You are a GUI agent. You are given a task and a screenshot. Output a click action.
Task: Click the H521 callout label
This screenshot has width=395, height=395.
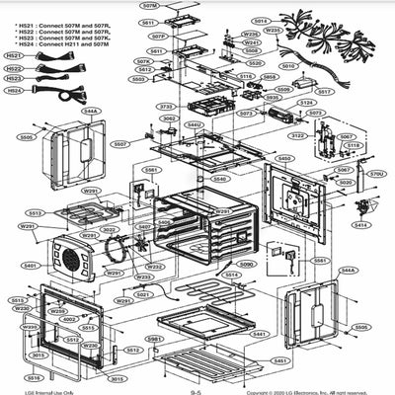[14, 55]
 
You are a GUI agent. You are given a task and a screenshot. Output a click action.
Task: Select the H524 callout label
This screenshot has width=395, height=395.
[14, 90]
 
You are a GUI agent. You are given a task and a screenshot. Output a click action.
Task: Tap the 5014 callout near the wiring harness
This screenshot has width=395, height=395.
[260, 21]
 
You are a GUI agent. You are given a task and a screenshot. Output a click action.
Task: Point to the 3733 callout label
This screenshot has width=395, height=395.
[165, 106]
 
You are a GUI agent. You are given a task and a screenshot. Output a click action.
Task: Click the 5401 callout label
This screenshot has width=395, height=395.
[31, 266]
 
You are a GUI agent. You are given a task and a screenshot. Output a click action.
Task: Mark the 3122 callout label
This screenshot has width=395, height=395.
[297, 135]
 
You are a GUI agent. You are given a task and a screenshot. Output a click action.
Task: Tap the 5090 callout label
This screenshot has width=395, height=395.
[246, 265]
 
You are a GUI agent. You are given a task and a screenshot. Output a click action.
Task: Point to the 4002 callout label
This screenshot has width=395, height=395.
[69, 319]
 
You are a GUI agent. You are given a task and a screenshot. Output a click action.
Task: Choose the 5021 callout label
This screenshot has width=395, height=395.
[143, 294]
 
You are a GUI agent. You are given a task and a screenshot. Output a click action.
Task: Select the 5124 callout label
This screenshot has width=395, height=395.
[306, 103]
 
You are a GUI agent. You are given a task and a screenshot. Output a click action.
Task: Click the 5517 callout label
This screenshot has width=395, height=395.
[324, 91]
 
